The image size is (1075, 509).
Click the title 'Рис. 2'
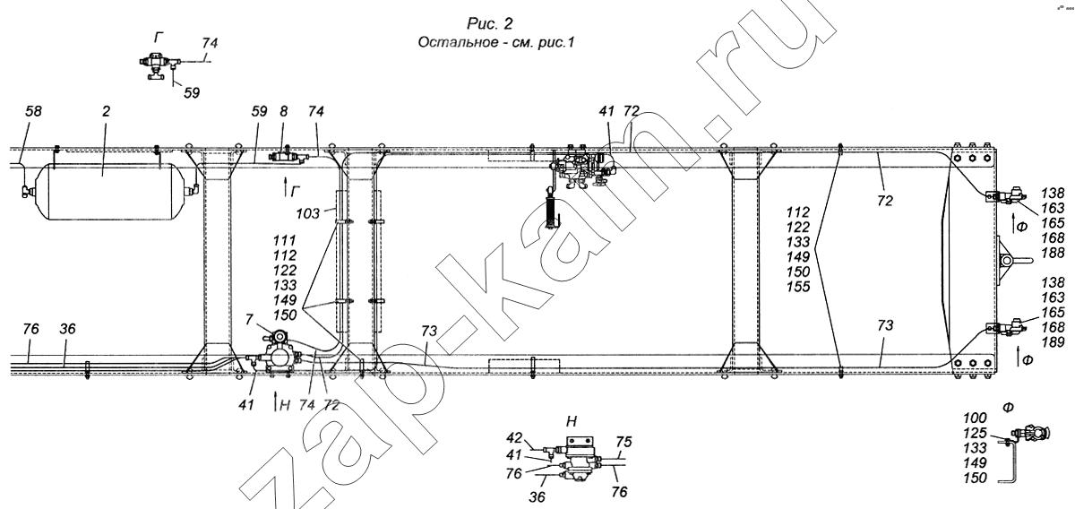[490, 23]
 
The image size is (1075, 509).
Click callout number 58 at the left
[33, 111]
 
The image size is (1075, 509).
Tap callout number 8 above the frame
[284, 111]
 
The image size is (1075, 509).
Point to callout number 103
[307, 213]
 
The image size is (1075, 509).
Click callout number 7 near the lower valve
[249, 319]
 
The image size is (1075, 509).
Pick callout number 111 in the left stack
[285, 240]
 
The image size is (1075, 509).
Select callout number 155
[798, 287]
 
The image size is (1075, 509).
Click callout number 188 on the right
[1053, 253]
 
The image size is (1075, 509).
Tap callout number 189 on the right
[1053, 342]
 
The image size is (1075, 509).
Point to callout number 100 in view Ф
[975, 418]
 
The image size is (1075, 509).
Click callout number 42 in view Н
[514, 438]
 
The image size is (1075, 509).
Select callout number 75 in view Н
[623, 442]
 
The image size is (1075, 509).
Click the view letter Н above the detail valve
[572, 421]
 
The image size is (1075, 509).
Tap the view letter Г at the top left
[159, 37]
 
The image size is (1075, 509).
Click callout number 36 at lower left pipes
[68, 329]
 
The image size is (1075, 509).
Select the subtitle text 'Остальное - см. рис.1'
[495, 42]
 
